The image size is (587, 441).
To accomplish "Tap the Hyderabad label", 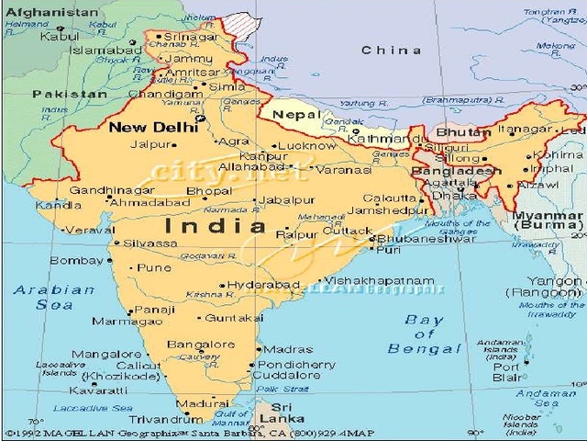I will pos(263,285).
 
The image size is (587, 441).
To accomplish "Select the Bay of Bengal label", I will pos(424,334).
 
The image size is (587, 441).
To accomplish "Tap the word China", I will pos(392,50).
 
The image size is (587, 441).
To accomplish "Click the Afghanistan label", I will pos(51,13).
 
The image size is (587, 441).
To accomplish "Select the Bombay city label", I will pos(76,261).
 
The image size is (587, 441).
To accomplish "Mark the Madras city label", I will pos(287,349).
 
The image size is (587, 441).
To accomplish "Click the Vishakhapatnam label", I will pos(380,279).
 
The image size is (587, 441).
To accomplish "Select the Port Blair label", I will pos(506,371).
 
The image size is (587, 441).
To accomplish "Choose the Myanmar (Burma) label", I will pos(548,220).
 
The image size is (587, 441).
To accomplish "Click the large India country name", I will pos(216,226).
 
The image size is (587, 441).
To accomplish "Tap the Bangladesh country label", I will pos(456,171).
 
